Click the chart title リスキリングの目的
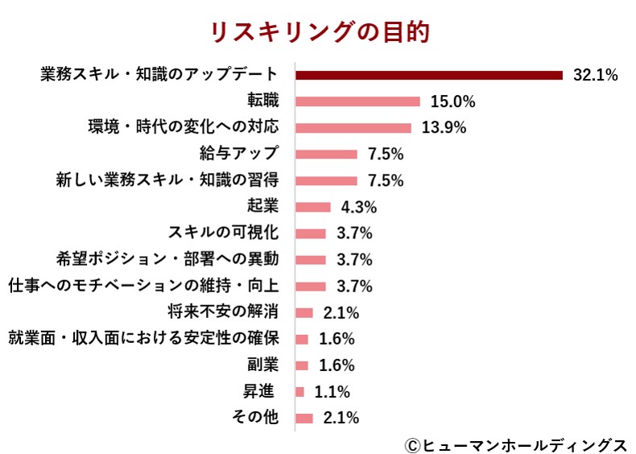click(320, 31)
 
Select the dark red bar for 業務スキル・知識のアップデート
click(429, 76)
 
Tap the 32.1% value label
click(595, 76)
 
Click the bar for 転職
click(358, 101)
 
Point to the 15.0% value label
click(452, 101)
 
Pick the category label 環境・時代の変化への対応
click(183, 127)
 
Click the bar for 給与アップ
click(326, 154)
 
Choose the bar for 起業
click(313, 207)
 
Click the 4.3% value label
click(359, 207)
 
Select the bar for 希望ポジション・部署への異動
click(311, 260)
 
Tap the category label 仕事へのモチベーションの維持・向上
click(142, 286)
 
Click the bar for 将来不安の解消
click(304, 312)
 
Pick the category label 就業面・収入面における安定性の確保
click(142, 339)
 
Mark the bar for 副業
click(302, 365)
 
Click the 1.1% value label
click(332, 392)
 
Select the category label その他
click(254, 418)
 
